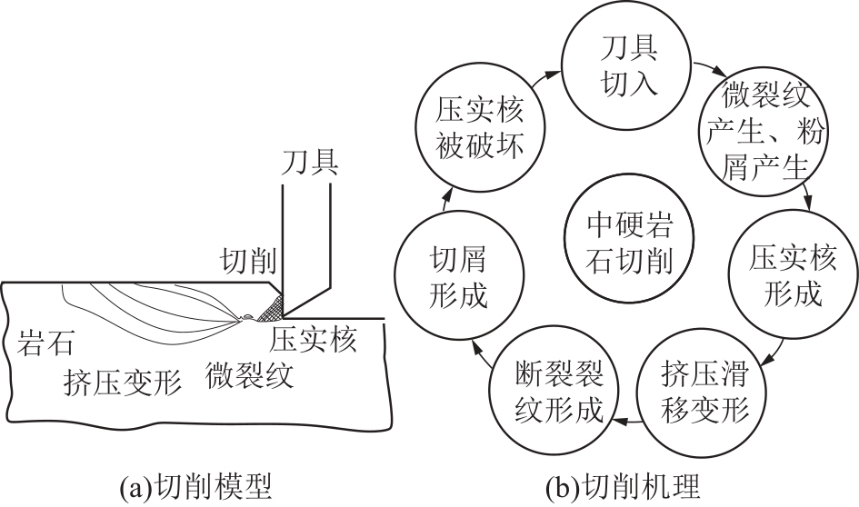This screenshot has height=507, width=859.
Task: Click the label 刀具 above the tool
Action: click(x=311, y=164)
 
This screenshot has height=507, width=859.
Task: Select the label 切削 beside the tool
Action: click(x=249, y=263)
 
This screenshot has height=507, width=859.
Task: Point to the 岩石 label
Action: click(x=46, y=343)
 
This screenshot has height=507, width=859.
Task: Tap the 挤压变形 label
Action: click(x=123, y=379)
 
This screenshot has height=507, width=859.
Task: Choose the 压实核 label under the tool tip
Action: click(x=315, y=340)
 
